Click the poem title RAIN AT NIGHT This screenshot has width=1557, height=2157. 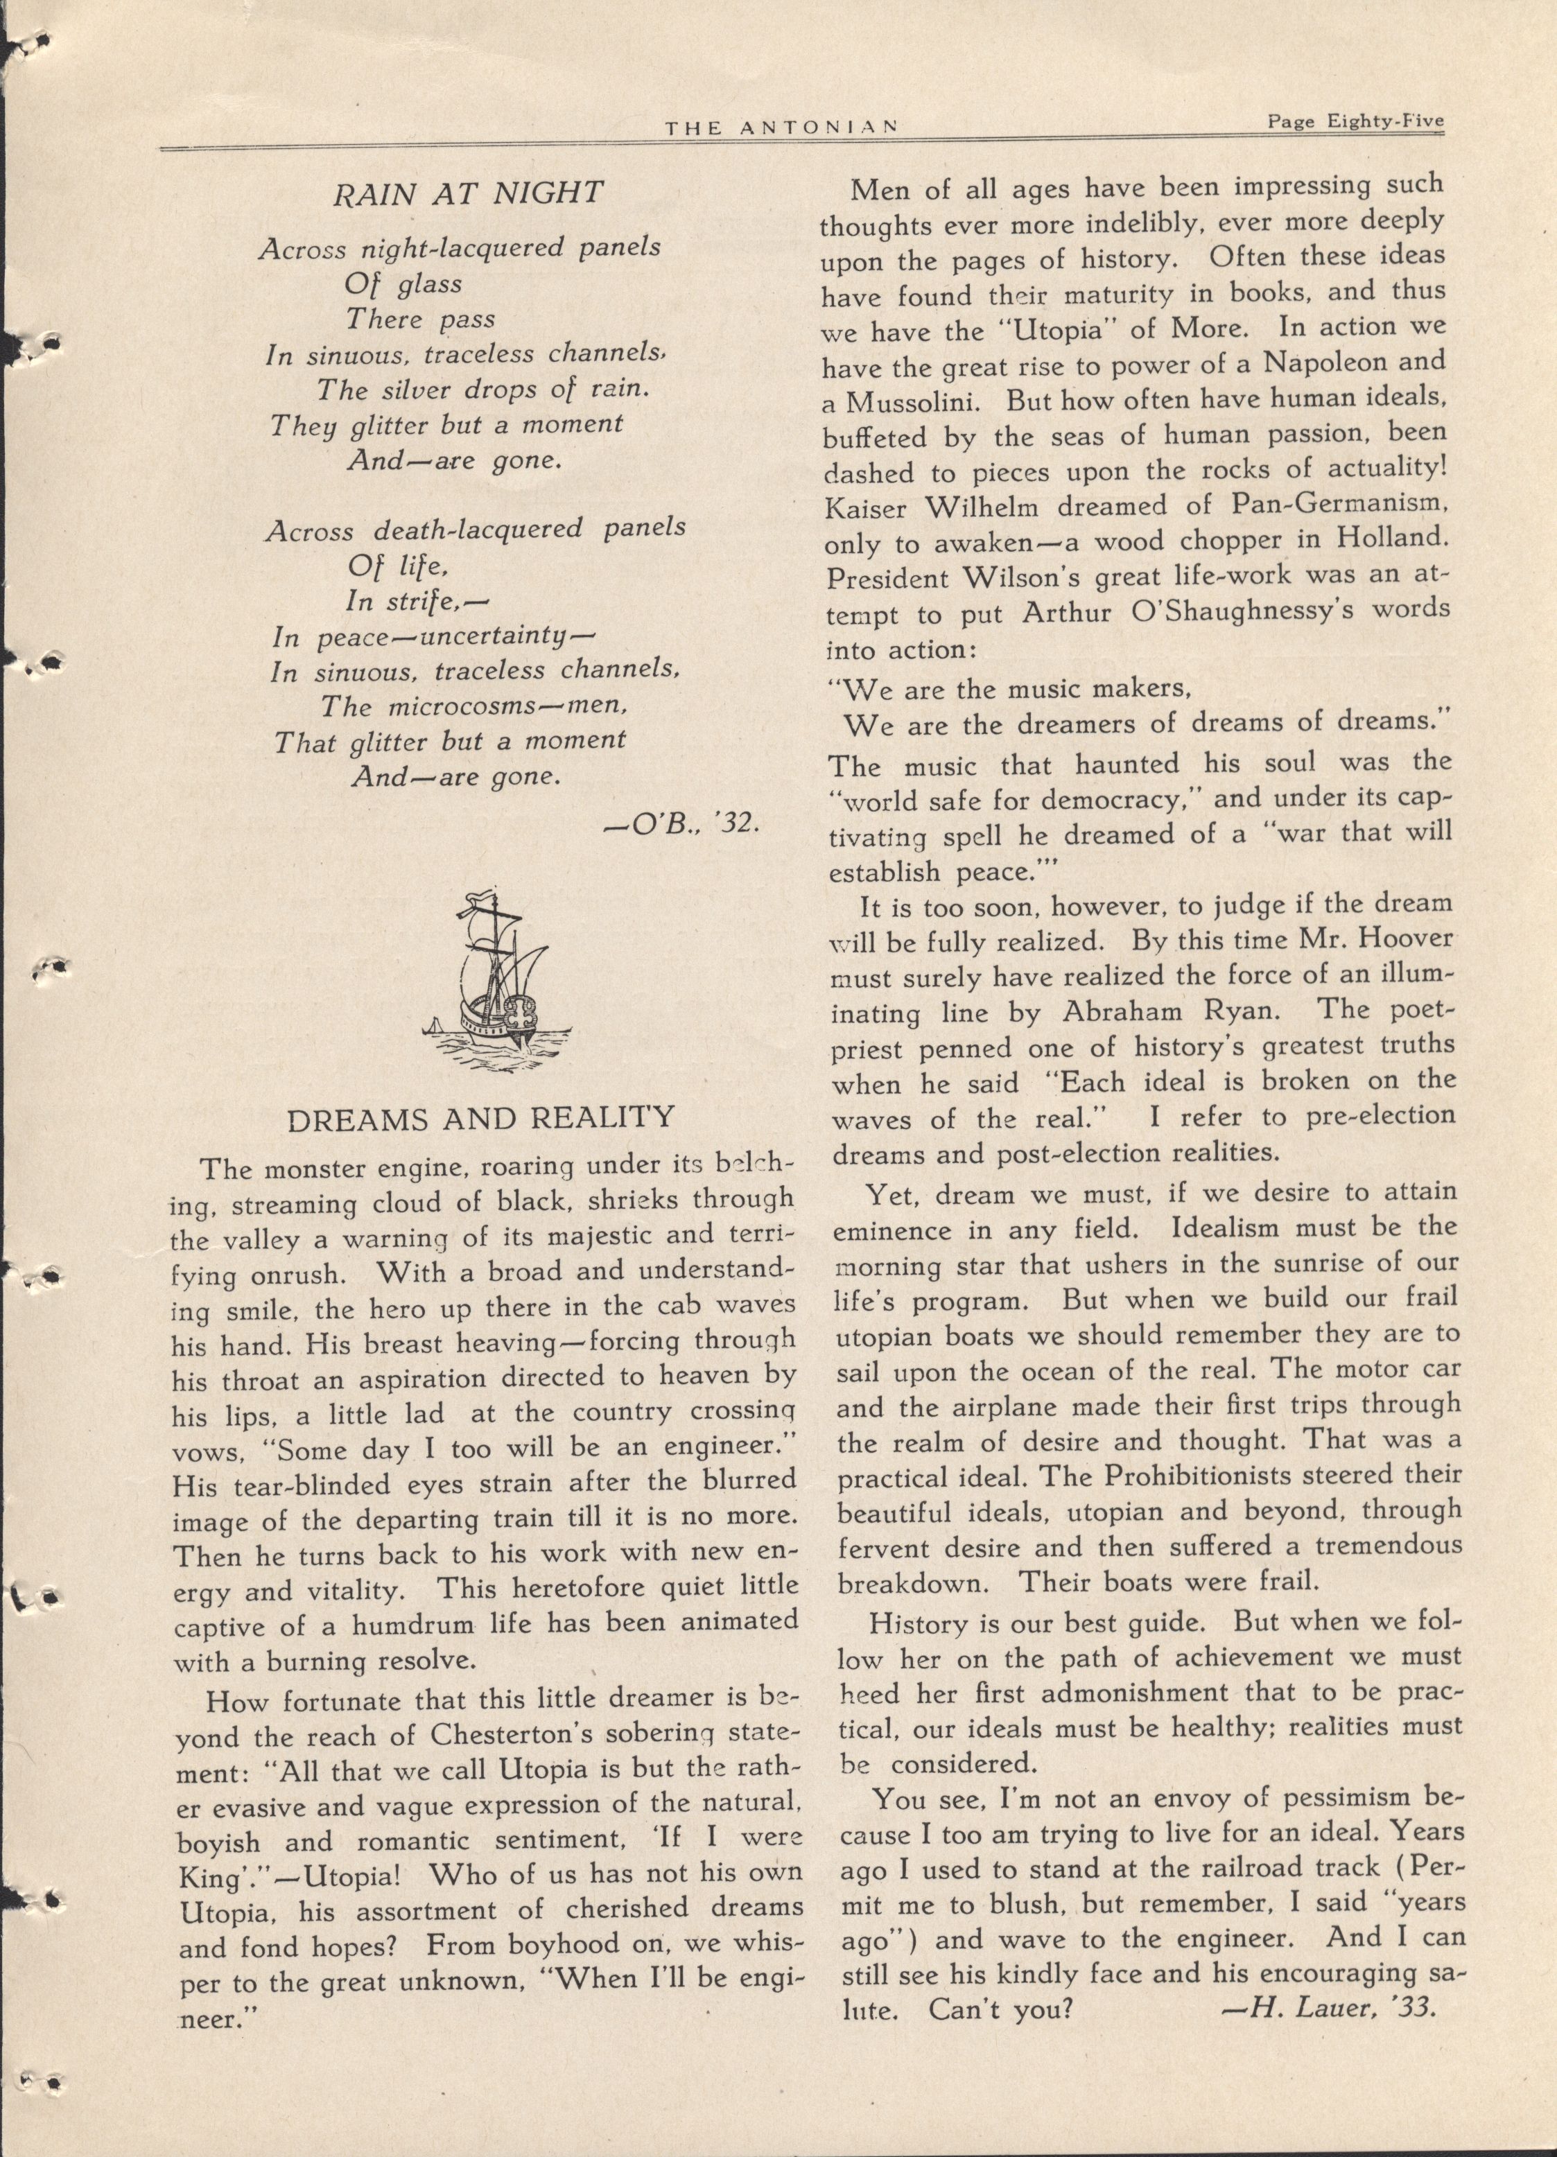point(467,193)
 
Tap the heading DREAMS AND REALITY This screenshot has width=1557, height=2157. point(481,1119)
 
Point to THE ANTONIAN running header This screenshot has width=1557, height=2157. point(783,128)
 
